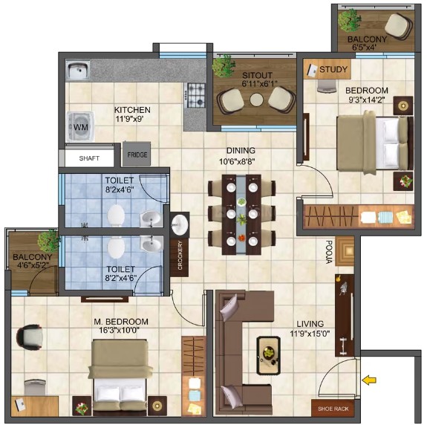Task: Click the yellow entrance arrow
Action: point(369,380)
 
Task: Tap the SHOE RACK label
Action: point(333,409)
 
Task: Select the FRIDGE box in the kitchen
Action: point(137,154)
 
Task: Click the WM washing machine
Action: point(81,126)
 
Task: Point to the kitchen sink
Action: point(78,70)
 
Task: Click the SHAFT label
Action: point(89,158)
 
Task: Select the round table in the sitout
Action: point(256,100)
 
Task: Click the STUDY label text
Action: point(333,70)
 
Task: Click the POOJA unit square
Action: point(345,251)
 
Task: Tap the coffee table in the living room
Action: point(269,356)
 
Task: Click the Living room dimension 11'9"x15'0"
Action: point(310,333)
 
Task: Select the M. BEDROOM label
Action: point(121,322)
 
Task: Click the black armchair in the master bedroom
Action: point(30,337)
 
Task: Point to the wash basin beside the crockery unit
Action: point(179,224)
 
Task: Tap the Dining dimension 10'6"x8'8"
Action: point(237,162)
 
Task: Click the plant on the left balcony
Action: point(49,241)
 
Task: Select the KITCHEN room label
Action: point(132,110)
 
